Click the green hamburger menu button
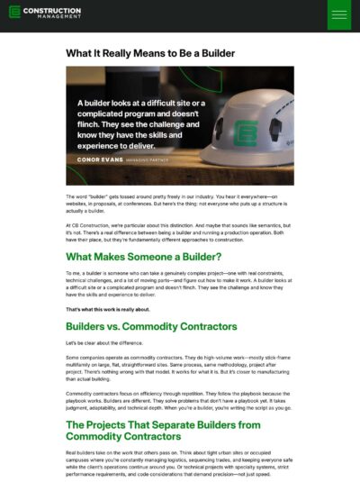(x=339, y=14)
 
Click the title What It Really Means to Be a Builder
(x=150, y=53)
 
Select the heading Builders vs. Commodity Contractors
(x=151, y=325)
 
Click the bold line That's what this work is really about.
(x=111, y=309)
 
